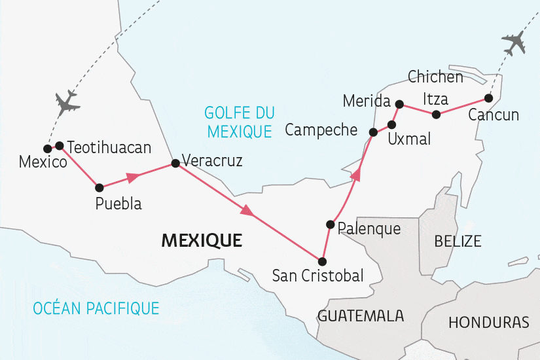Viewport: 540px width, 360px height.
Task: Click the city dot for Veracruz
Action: [x=175, y=164]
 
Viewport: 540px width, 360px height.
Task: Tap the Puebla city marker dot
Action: [x=99, y=187]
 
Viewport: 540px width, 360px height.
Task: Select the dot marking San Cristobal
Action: [x=321, y=261]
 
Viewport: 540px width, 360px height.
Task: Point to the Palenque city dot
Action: [x=331, y=225]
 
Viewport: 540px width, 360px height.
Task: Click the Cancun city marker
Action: [x=488, y=98]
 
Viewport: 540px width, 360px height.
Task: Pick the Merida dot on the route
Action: [x=399, y=103]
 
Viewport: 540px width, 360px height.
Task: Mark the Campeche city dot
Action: [x=373, y=132]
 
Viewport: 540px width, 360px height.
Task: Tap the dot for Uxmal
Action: [x=392, y=124]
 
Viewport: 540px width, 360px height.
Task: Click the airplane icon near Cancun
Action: [x=514, y=43]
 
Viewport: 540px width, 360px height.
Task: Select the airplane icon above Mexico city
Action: [x=67, y=103]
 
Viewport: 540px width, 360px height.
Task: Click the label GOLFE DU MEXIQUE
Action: [x=239, y=122]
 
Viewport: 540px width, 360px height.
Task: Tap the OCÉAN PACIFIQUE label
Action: [x=96, y=308]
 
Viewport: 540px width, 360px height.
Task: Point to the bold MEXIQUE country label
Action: [x=202, y=241]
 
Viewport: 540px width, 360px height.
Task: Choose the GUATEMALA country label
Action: [x=361, y=316]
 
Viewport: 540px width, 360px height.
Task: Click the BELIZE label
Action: [x=458, y=241]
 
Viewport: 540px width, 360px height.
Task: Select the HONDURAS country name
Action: [x=489, y=323]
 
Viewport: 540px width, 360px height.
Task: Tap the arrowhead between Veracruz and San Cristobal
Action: [x=247, y=211]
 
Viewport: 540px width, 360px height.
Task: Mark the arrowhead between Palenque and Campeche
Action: [x=356, y=174]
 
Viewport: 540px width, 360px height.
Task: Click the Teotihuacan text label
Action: [x=109, y=147]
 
